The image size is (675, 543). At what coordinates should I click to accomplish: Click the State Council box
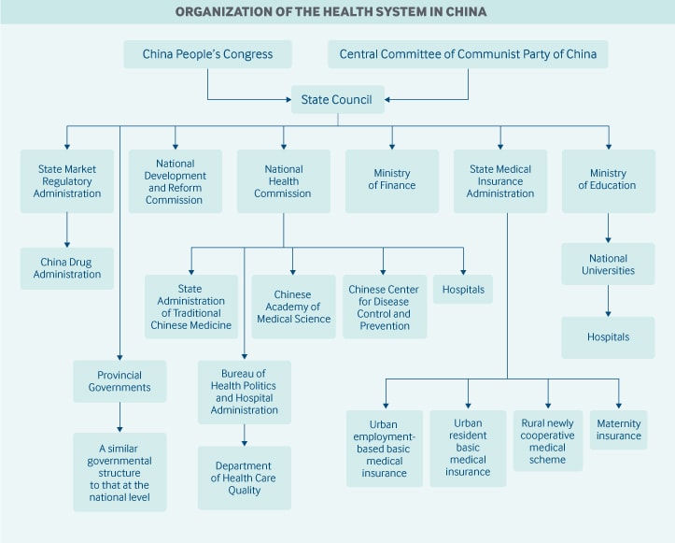coord(337,100)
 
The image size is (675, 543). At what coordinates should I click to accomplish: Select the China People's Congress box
coord(207,54)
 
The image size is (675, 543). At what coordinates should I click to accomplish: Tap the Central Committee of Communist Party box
coord(468,54)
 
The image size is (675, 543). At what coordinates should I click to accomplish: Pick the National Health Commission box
coord(283,181)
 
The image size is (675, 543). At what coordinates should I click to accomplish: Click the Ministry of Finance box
coord(392,180)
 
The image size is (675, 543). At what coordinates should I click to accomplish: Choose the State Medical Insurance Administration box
coord(500,181)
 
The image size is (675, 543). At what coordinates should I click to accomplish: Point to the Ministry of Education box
coord(608,180)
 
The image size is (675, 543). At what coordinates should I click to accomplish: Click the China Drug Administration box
coord(67,268)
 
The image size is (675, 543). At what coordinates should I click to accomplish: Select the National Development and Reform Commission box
coord(175,181)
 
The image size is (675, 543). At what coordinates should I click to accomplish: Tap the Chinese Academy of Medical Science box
coord(294,307)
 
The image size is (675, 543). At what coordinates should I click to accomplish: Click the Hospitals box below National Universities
coord(608,337)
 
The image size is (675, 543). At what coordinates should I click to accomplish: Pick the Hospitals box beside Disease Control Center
coord(463,290)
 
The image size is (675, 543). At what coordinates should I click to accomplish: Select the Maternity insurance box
coord(618,430)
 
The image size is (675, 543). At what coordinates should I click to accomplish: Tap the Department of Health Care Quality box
coord(244,478)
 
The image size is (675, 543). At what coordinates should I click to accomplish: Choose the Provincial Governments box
coord(120,381)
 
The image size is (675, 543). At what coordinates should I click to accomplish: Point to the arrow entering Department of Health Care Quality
coord(244,435)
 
